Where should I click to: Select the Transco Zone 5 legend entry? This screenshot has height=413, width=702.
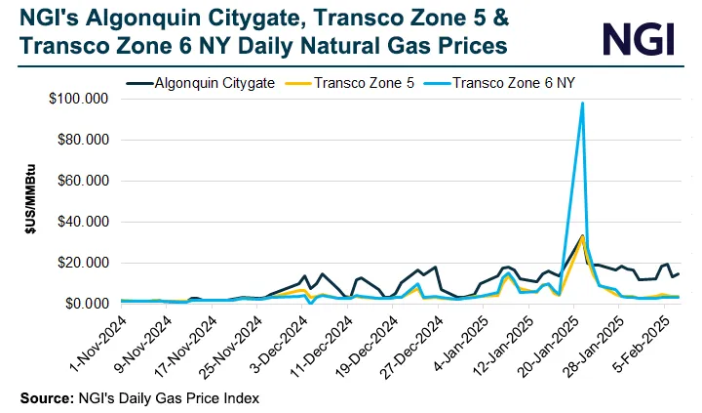(x=364, y=83)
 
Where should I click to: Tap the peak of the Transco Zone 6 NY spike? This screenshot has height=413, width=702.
(x=582, y=103)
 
